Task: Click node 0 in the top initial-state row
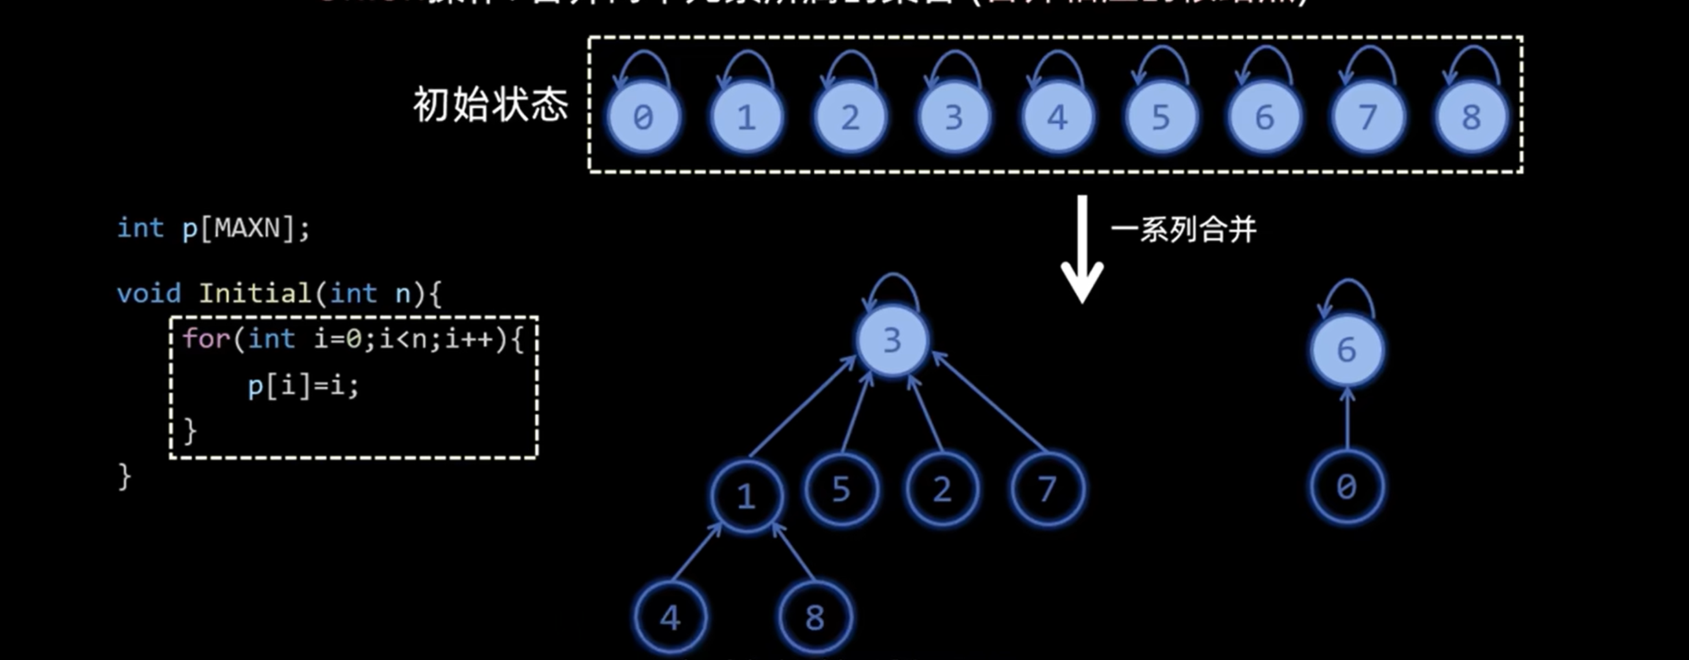643,117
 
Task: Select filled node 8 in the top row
1470,117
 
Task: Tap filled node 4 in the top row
1057,117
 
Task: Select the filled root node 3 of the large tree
892,340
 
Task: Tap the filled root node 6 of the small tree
1346,350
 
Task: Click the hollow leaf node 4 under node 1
670,617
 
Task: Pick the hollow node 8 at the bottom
815,617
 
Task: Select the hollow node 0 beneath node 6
1346,487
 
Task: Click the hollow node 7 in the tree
1047,489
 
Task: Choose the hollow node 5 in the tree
841,489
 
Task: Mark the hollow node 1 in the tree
746,496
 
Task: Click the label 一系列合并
1183,229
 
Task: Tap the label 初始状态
491,105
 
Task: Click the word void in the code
148,294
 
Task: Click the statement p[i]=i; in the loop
303,386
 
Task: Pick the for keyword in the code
205,339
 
